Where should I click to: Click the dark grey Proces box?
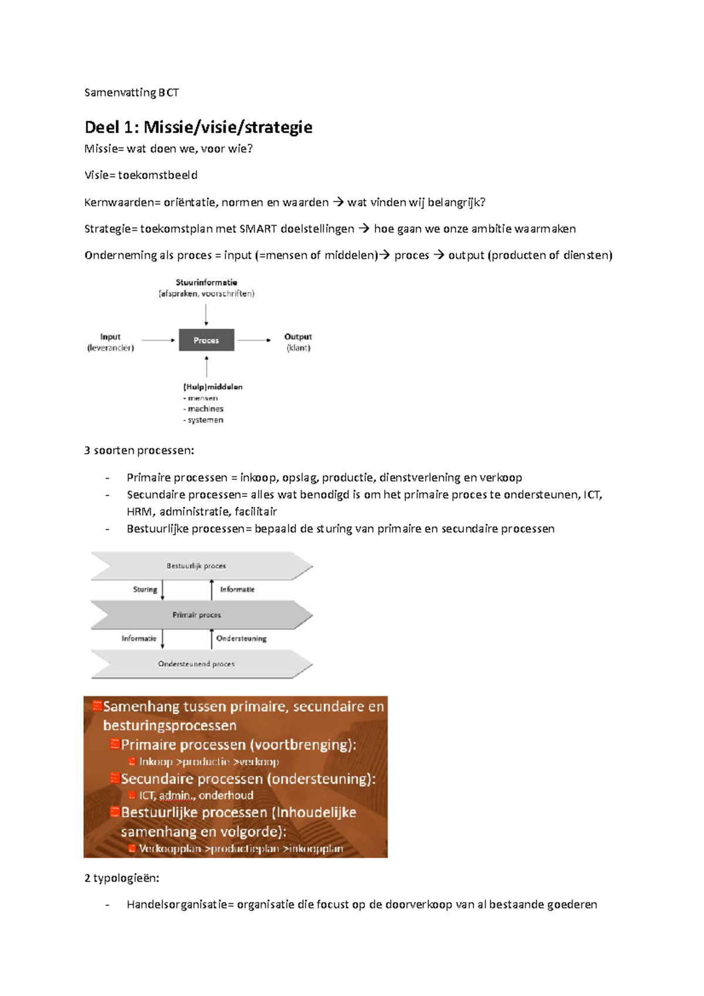tap(207, 340)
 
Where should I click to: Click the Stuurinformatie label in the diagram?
tap(207, 283)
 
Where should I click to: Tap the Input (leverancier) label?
tap(110, 342)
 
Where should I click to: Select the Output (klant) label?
tap(298, 342)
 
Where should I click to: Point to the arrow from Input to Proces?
tap(158, 340)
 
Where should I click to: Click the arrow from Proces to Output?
tap(254, 340)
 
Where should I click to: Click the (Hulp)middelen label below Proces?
tap(213, 387)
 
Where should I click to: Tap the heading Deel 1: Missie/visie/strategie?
tap(198, 127)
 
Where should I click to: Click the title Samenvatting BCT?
tap(131, 93)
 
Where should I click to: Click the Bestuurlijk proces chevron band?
tap(199, 566)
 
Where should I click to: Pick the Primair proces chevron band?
tap(199, 615)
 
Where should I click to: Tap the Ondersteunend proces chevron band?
tap(199, 664)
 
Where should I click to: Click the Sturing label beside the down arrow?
tap(145, 590)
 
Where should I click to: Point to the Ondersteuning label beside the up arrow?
tap(241, 638)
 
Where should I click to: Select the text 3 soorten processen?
tap(139, 450)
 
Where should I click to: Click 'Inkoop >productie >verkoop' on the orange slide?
tap(209, 762)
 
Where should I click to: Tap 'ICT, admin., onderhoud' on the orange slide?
tap(196, 795)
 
